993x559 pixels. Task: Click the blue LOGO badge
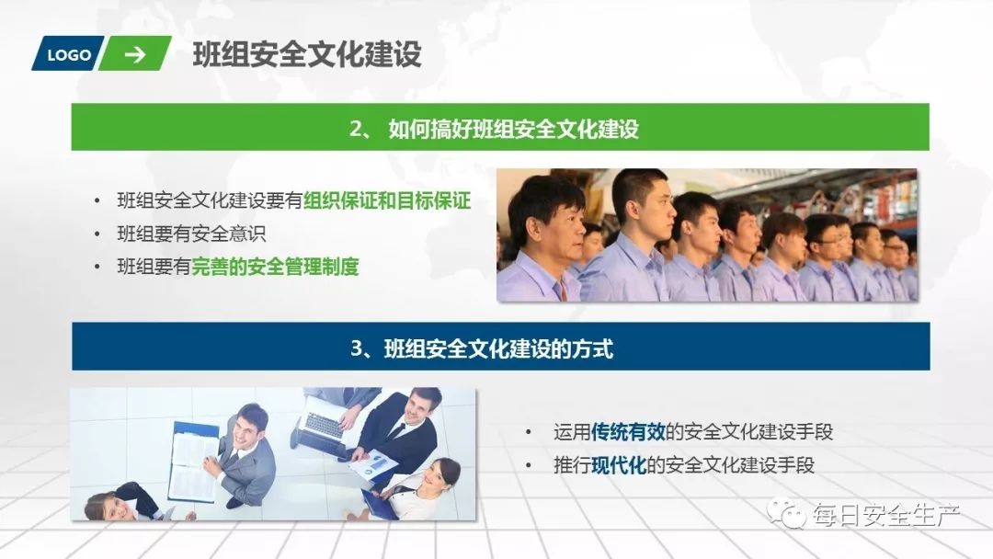(69, 54)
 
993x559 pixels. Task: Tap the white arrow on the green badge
(135, 54)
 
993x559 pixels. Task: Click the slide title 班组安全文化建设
(307, 54)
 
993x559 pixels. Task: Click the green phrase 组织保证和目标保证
(387, 200)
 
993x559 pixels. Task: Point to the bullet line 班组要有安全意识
(191, 234)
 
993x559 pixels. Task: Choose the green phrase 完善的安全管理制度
(275, 267)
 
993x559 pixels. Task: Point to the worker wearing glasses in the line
(827, 241)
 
